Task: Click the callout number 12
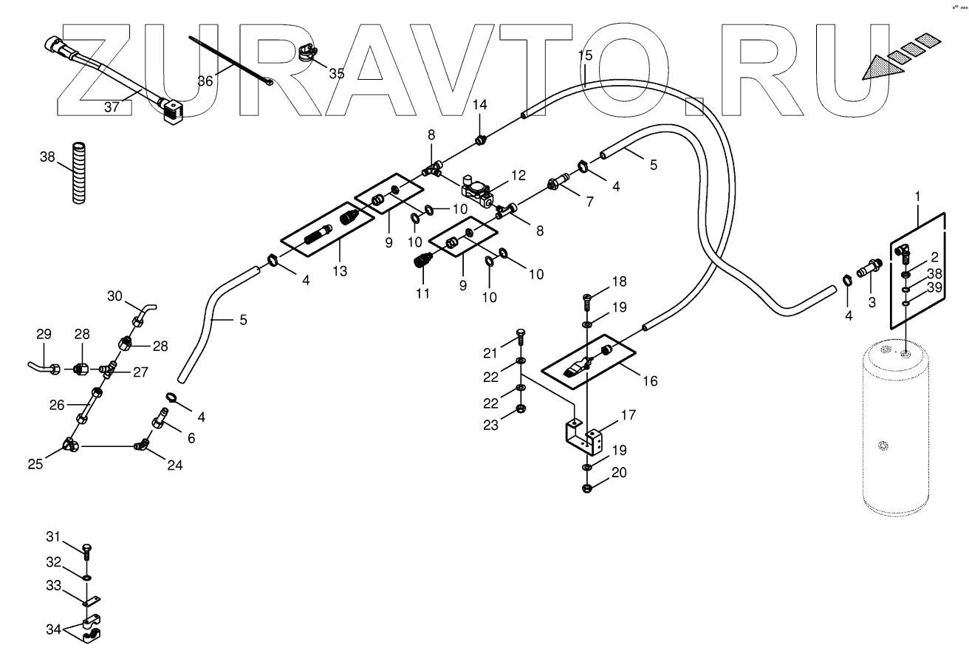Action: [518, 175]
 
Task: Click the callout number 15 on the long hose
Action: [585, 56]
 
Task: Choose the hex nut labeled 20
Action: [586, 488]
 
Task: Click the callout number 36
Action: [205, 81]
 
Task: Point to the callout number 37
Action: [112, 107]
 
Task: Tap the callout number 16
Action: [650, 381]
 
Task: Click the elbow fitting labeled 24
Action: [142, 445]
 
